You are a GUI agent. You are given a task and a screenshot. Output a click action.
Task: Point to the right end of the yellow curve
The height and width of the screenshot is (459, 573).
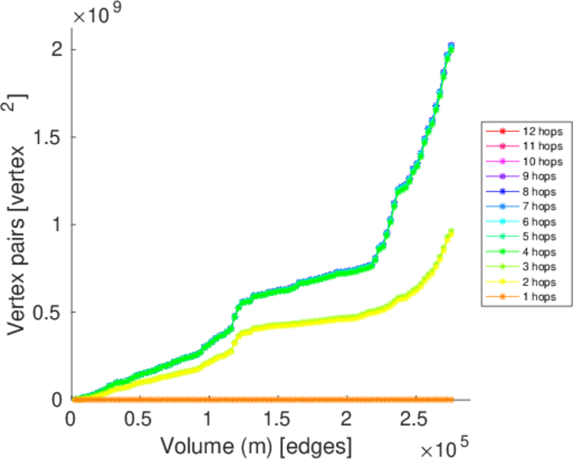point(451,231)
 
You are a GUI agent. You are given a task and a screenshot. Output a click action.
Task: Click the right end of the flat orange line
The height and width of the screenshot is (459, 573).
point(451,399)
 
